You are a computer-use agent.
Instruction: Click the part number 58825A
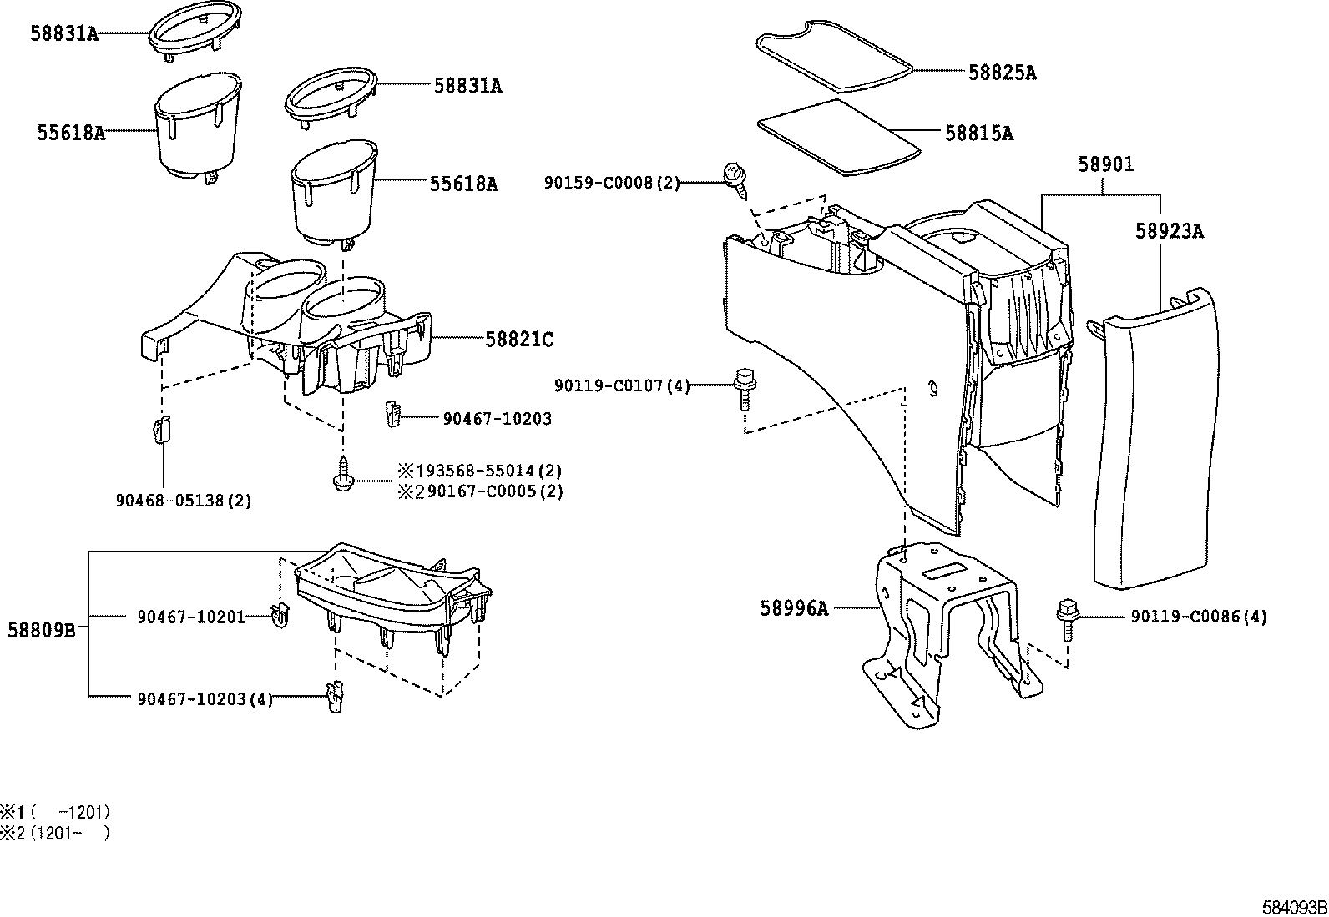pyautogui.click(x=1002, y=73)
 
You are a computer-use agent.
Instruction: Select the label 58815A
pyautogui.click(x=979, y=133)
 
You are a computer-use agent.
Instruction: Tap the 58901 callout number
pyautogui.click(x=1105, y=164)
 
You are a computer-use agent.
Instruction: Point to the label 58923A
pyautogui.click(x=1169, y=231)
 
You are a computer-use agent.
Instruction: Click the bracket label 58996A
pyautogui.click(x=794, y=608)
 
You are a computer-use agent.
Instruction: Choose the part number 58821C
pyautogui.click(x=518, y=339)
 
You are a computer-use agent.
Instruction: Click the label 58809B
pyautogui.click(x=42, y=630)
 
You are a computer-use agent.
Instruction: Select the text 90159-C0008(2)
pyautogui.click(x=612, y=183)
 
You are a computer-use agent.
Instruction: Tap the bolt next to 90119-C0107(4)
pyautogui.click(x=741, y=386)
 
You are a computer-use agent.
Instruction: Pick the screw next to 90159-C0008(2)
pyautogui.click(x=736, y=179)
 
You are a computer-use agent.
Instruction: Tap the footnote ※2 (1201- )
pyautogui.click(x=55, y=833)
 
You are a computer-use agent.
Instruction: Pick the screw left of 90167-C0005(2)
pyautogui.click(x=342, y=474)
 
